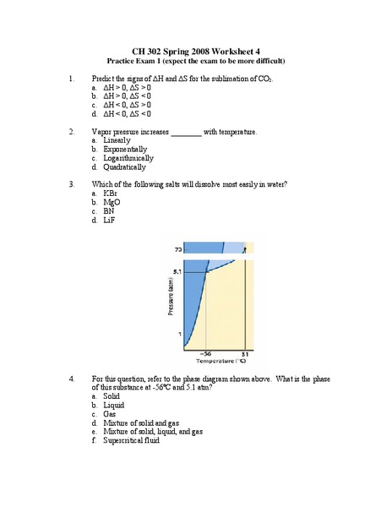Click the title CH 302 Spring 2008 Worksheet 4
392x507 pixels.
[196, 51]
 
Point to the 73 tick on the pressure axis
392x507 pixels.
[177, 250]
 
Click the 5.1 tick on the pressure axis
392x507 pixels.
[177, 271]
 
